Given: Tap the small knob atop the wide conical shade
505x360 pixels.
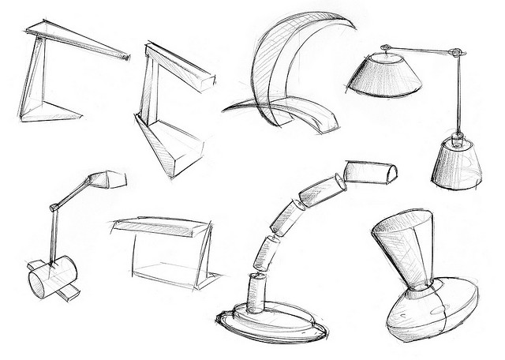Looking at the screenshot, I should (x=384, y=50).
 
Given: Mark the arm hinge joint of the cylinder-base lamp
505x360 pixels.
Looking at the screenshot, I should (x=54, y=207).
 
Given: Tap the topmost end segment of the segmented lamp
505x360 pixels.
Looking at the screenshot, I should (x=371, y=171).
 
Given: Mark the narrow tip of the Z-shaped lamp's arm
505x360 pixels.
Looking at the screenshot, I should (x=124, y=57).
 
